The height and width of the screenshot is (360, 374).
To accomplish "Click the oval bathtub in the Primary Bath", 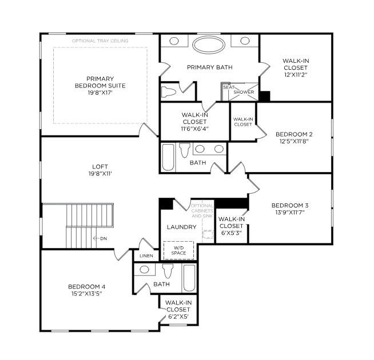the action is click(x=209, y=45).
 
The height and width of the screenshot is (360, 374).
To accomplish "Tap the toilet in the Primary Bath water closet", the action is click(x=168, y=92).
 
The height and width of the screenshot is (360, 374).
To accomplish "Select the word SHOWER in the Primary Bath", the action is click(x=244, y=92).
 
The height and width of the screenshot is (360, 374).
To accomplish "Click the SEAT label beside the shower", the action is click(x=229, y=87).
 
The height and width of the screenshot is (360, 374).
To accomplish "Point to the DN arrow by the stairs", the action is click(x=96, y=238).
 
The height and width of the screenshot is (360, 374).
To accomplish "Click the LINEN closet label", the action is click(x=146, y=256).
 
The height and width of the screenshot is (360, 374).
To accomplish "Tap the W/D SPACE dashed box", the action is click(x=178, y=250).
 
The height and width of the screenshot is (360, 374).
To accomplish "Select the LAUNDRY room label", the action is click(x=181, y=227).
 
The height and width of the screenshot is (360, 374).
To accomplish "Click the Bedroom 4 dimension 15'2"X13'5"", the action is click(x=87, y=294).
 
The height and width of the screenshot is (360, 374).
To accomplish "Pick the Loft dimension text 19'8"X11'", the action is click(x=100, y=174).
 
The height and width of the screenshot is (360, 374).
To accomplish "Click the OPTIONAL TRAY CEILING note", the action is click(x=100, y=41).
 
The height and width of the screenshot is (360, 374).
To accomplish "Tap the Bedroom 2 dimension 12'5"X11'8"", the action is click(x=294, y=141).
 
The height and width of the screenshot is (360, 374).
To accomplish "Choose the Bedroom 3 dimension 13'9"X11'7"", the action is click(x=290, y=212).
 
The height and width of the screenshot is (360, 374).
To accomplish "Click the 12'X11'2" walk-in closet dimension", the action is click(x=296, y=74).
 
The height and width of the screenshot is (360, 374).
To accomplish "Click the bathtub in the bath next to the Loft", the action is click(x=168, y=157).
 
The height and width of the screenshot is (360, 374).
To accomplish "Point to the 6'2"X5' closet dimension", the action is click(x=178, y=317).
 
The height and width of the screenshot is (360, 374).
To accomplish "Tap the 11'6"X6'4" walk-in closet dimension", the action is click(x=194, y=129).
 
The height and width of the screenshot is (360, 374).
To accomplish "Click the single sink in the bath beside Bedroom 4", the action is click(x=144, y=270).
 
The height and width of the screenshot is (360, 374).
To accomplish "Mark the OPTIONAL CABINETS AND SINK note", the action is click(x=202, y=211).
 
